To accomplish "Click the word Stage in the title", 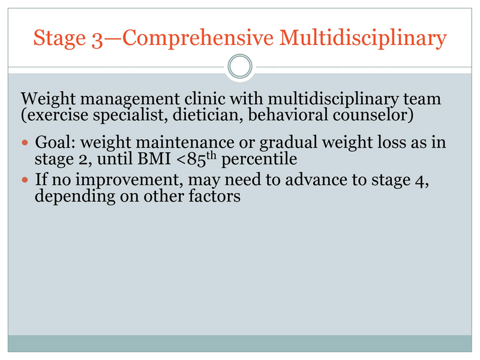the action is pyautogui.click(x=59, y=38).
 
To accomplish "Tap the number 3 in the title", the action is pyautogui.click(x=97, y=40).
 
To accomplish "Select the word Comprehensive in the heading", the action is pyautogui.click(x=198, y=38).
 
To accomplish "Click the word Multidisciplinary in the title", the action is pyautogui.click(x=363, y=38).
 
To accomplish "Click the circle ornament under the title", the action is pyautogui.click(x=240, y=55).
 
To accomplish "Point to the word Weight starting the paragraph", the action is pyautogui.click(x=48, y=100).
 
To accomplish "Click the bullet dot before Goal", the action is pyautogui.click(x=25, y=142).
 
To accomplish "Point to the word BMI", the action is pyautogui.click(x=154, y=158).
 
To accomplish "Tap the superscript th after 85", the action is pyautogui.click(x=211, y=156).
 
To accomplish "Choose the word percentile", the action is pyautogui.click(x=259, y=159).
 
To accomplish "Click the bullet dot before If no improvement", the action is pyautogui.click(x=25, y=179).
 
